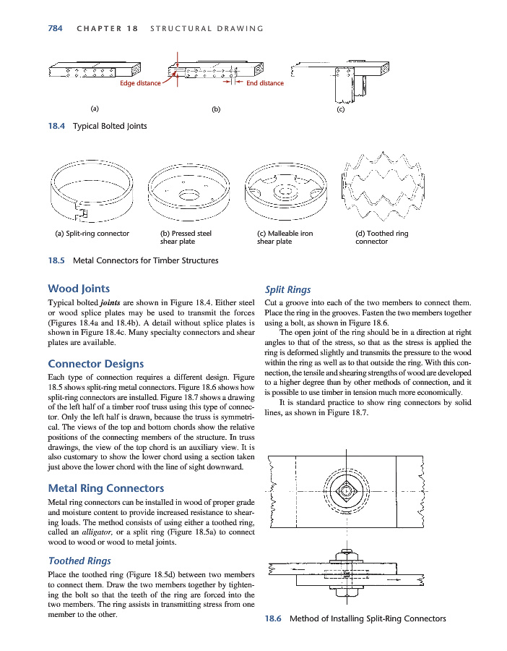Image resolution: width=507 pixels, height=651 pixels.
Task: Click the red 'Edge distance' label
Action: [x=140, y=83]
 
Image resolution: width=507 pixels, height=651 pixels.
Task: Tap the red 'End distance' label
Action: [x=265, y=83]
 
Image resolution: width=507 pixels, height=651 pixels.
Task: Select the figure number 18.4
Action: [x=56, y=126]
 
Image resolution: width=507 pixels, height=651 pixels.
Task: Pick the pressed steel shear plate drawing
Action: [x=189, y=192]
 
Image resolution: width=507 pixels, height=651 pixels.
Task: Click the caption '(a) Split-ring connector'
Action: [x=92, y=234]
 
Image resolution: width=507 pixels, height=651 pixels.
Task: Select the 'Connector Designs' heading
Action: [x=95, y=363]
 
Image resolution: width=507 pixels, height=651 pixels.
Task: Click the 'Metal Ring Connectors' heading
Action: [x=105, y=488]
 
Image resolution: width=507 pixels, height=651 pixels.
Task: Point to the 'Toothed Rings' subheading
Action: [x=79, y=560]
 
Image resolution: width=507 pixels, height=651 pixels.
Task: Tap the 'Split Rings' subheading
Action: [x=288, y=289]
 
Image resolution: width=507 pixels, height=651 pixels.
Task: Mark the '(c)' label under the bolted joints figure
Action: [x=340, y=110]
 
